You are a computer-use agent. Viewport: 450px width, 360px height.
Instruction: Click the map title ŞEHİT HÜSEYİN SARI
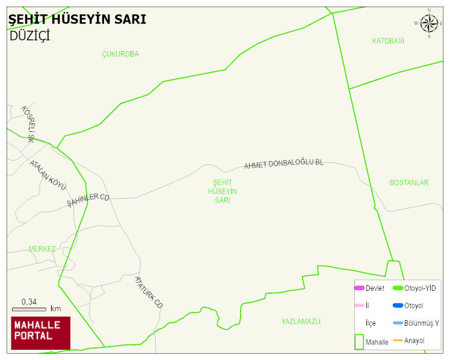point(77,20)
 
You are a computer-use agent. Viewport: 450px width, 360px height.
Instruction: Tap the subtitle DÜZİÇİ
point(29,36)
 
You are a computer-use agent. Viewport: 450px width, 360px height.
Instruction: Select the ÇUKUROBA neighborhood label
point(120,54)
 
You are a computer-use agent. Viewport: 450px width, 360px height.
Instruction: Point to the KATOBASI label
point(388,41)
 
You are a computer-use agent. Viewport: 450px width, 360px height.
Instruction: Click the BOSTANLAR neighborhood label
point(409,182)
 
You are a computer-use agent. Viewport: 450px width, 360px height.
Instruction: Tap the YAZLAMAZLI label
point(301,321)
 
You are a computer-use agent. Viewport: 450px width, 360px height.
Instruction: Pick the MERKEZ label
point(42,249)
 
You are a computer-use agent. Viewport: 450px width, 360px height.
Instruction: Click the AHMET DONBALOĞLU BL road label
point(283,164)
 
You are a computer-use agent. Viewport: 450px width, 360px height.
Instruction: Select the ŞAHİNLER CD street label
point(88,200)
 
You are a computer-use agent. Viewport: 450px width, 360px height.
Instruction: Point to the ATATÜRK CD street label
point(149,292)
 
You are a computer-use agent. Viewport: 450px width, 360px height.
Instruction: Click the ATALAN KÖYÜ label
point(48,175)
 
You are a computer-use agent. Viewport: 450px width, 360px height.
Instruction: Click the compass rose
point(429,23)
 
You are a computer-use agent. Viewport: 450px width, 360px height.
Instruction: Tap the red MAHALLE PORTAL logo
point(40,333)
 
